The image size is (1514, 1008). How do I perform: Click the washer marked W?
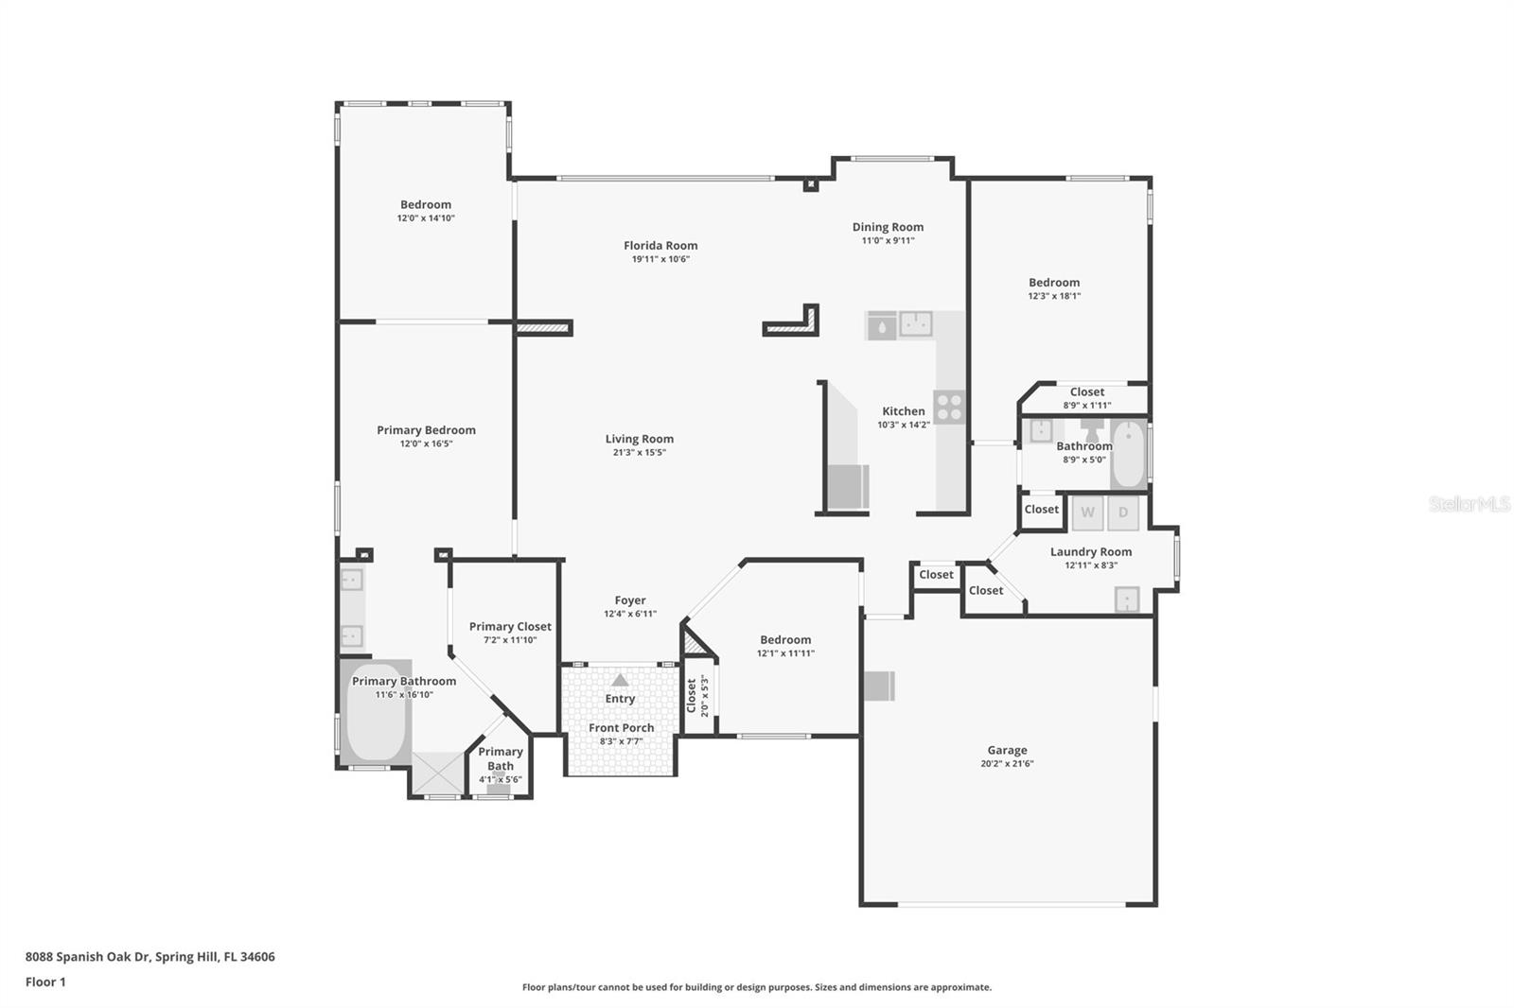click(x=1087, y=513)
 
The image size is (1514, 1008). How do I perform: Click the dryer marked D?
click(x=1122, y=513)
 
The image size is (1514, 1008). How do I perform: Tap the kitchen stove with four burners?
click(x=949, y=408)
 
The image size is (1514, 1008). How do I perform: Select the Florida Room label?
click(x=660, y=245)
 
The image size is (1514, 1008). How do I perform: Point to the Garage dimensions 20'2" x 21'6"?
click(x=1007, y=763)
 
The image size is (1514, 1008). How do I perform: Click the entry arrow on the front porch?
click(x=620, y=680)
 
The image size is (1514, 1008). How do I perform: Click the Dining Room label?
click(x=888, y=227)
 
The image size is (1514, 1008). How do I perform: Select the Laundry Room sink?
click(x=1127, y=600)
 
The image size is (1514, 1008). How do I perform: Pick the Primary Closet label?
click(x=510, y=626)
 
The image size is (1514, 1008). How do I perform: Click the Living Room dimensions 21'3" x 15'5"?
click(x=640, y=453)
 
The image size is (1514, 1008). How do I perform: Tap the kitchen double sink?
click(x=916, y=323)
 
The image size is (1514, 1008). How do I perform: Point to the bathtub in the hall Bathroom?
click(x=1128, y=454)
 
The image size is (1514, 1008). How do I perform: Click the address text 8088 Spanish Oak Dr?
click(x=87, y=957)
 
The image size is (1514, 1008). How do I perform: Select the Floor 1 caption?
click(x=45, y=982)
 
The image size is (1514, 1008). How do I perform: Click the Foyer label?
click(x=630, y=600)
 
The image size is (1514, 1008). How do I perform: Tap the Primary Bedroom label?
click(x=426, y=429)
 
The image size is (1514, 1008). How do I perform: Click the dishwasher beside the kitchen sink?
click(x=882, y=325)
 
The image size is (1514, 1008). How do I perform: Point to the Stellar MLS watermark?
click(x=1470, y=504)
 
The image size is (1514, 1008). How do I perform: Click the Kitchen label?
click(x=904, y=410)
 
